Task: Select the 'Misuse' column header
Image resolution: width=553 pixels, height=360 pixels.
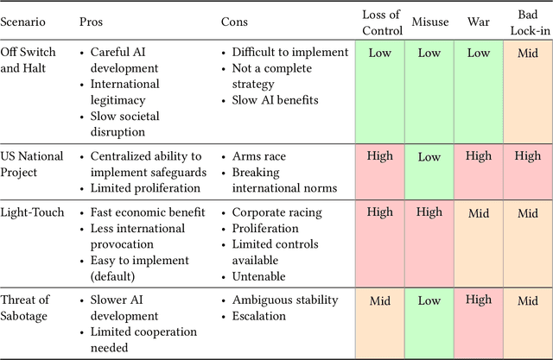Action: (x=429, y=21)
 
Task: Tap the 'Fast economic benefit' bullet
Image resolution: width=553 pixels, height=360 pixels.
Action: (x=148, y=212)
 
